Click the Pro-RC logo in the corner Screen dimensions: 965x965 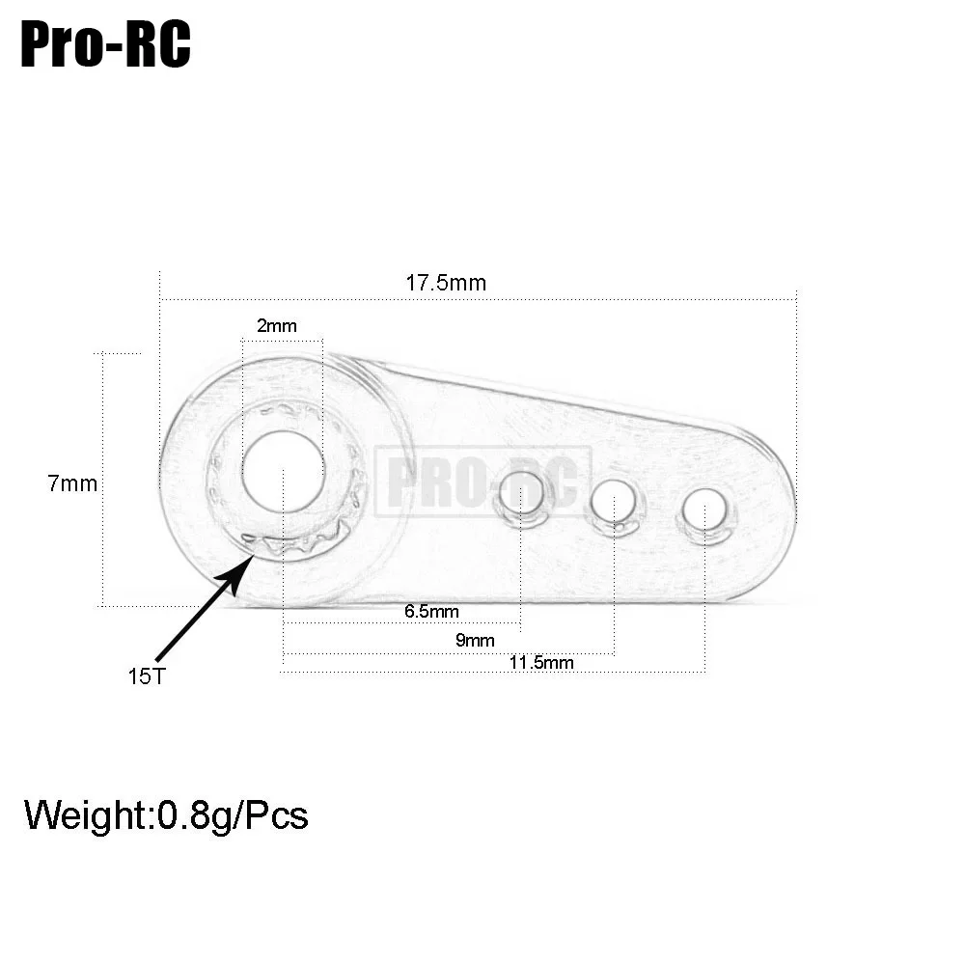pos(105,45)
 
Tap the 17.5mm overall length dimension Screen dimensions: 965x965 pos(446,284)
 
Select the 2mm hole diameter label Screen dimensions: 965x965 pos(277,326)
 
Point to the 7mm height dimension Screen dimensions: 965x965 pos(72,483)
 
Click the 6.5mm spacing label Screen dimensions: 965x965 pos(431,611)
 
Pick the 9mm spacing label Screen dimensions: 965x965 pos(474,640)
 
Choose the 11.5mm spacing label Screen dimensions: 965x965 pos(541,662)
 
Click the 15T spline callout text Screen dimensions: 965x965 pos(147,675)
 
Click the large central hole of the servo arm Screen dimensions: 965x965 pos(284,470)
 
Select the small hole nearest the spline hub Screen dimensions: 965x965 pos(521,496)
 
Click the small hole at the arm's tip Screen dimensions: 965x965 pos(705,510)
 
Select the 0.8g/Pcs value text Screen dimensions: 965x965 pos(233,815)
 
